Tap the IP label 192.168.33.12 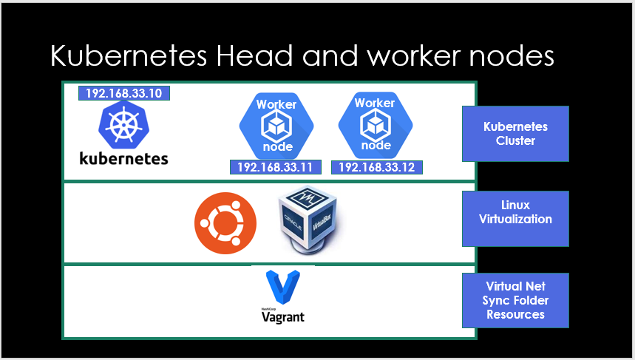coord(377,168)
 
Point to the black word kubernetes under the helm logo coord(123,158)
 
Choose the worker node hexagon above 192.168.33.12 coord(375,124)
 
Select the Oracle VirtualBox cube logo coord(306,220)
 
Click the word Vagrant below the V coord(283,317)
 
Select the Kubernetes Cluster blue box coord(515,134)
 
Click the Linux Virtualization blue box coord(515,219)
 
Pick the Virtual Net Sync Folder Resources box coord(515,300)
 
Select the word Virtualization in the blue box coord(515,219)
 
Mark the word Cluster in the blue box coord(515,140)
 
